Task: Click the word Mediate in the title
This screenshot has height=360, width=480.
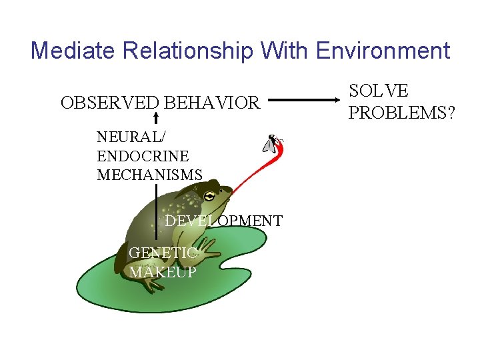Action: click(69, 51)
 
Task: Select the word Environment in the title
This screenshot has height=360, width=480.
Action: click(383, 51)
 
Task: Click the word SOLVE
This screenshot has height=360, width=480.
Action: click(379, 91)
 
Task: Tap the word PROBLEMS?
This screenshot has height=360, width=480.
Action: click(402, 113)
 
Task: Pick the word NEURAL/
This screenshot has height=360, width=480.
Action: click(132, 137)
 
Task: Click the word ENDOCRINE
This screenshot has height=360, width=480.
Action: click(143, 156)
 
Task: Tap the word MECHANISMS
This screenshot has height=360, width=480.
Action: click(149, 175)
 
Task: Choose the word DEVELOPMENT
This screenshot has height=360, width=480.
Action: click(224, 221)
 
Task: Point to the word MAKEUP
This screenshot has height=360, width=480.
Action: click(163, 272)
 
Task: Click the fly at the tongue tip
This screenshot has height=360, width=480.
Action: click(273, 144)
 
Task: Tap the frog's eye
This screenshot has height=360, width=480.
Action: click(210, 196)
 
